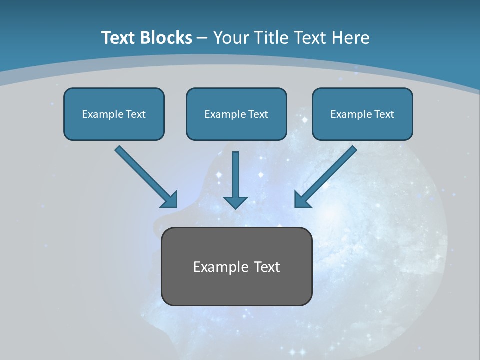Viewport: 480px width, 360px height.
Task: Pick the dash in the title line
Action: pyautogui.click(x=202, y=38)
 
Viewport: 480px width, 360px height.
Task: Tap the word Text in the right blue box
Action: pyautogui.click(x=384, y=114)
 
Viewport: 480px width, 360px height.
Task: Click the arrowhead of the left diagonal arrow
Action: pyautogui.click(x=171, y=201)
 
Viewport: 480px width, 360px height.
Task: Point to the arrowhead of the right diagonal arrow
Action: pyautogui.click(x=301, y=201)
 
